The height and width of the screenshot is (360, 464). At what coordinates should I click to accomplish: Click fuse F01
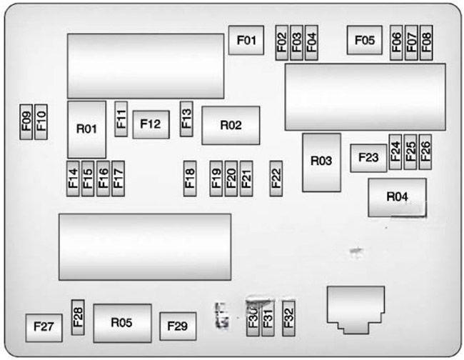coord(246,40)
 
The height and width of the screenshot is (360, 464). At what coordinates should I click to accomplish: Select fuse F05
coord(363,40)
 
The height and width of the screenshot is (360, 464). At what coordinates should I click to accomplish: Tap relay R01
coord(86,129)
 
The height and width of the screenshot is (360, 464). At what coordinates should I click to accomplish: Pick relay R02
coord(231,125)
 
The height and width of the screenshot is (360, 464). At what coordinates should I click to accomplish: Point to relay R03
coord(321,162)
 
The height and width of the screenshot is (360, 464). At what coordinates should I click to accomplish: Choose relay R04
coord(397,197)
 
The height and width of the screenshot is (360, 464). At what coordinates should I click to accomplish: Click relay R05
coord(122,323)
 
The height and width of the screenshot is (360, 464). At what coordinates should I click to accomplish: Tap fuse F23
coord(368,158)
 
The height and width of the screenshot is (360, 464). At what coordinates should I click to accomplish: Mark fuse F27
coord(43,327)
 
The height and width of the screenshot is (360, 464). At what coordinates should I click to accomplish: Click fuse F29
coord(177,326)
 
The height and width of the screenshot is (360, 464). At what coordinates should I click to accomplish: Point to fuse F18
coord(190,177)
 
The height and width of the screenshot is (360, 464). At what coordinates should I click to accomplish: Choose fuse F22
coord(276,177)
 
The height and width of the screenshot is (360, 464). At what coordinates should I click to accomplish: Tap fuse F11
coord(121,119)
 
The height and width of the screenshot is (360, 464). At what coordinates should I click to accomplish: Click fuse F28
coord(78,316)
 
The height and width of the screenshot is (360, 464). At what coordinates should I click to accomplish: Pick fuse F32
coord(289,316)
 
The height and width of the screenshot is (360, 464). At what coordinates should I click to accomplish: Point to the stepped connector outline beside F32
coord(355,309)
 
